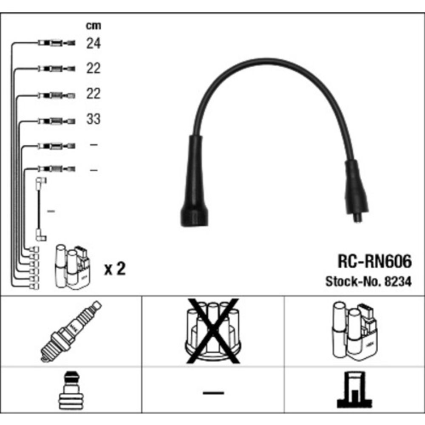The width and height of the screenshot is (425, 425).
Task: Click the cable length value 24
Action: [x=93, y=43]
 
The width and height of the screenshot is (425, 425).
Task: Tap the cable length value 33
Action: [x=93, y=119]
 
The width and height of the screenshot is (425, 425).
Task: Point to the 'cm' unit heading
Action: [x=93, y=26]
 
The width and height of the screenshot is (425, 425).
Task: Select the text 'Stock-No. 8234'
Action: [x=368, y=281]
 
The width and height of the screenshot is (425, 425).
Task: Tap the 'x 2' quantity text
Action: [x=115, y=269]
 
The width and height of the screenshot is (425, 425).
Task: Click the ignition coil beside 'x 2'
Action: [x=72, y=266]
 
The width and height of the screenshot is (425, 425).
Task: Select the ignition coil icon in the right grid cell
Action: [x=354, y=330]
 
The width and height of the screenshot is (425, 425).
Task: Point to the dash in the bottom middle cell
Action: [x=213, y=392]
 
